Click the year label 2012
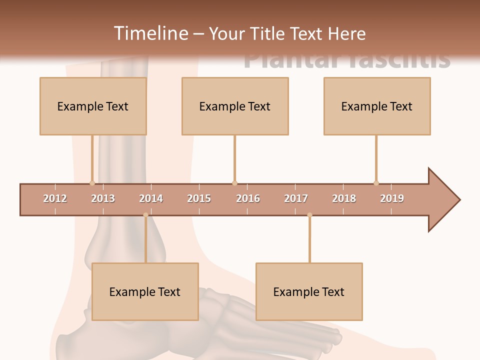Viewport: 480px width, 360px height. click(x=55, y=198)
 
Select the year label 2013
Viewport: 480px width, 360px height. click(x=103, y=198)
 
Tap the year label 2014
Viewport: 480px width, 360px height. click(x=151, y=198)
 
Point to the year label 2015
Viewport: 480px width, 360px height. click(x=199, y=198)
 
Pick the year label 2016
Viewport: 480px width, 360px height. click(x=248, y=198)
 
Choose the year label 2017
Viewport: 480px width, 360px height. click(x=296, y=198)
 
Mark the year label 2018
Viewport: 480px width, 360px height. click(x=344, y=198)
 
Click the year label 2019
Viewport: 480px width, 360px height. click(x=392, y=198)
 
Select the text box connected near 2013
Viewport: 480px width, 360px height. click(x=93, y=106)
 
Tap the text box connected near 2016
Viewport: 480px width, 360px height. click(x=235, y=106)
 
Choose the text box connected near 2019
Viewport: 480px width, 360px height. click(x=377, y=106)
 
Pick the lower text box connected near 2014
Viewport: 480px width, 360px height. click(x=145, y=291)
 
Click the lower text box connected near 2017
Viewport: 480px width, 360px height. click(x=309, y=291)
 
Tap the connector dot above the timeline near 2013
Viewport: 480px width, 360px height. click(x=92, y=183)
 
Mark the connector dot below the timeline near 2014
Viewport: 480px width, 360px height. click(x=145, y=215)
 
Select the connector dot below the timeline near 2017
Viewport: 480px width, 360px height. click(x=309, y=215)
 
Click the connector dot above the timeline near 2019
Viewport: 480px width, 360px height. click(x=376, y=183)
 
